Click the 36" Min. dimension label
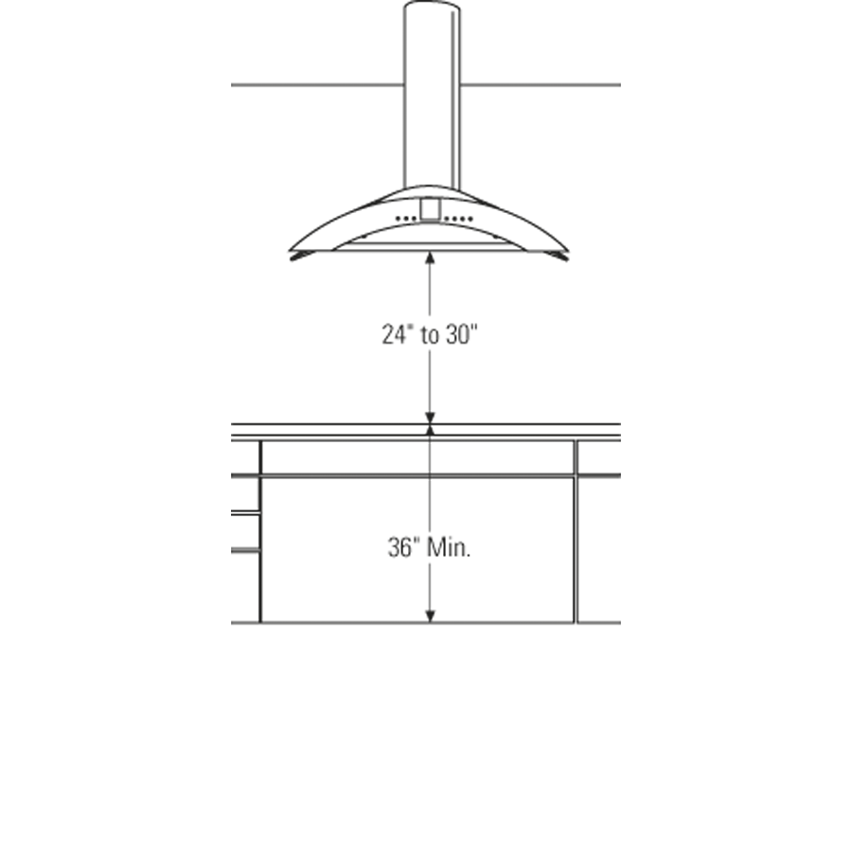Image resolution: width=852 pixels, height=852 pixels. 428,547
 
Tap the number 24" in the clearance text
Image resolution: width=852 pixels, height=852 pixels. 395,335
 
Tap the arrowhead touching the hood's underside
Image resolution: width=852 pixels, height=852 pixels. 430,257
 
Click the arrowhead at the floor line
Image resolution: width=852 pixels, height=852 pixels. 430,616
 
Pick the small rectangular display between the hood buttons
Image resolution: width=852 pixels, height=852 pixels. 430,210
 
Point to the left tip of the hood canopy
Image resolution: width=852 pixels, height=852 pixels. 293,254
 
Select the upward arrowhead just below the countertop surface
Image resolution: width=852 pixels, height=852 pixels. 430,432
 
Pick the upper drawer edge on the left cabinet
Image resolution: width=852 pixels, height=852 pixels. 245,512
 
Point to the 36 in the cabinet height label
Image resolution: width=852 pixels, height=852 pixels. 399,547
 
